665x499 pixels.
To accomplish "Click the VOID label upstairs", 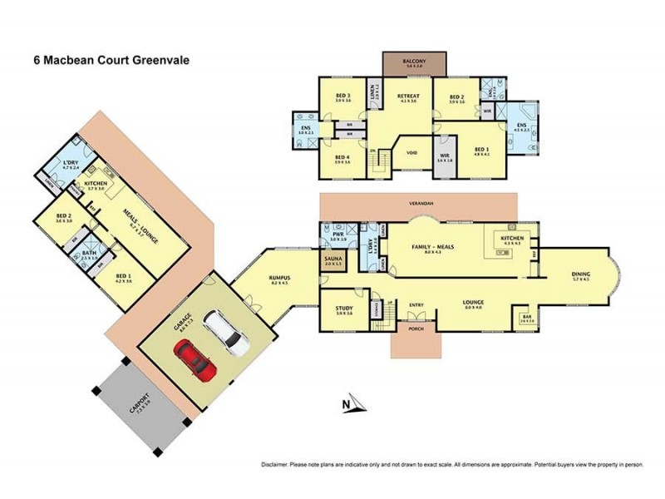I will [x=411, y=152].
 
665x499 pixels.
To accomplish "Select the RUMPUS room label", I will [x=279, y=279].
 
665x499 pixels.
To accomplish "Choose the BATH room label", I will [x=88, y=254].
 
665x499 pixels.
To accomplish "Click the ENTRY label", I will [x=416, y=304].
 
